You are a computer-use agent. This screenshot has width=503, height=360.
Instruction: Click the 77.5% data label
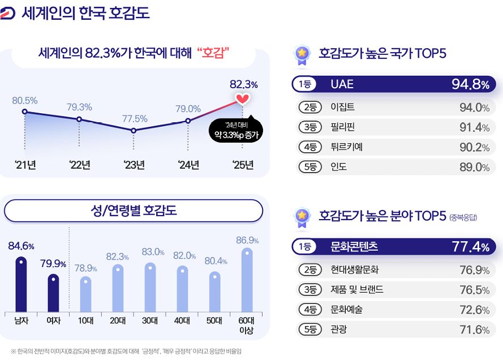point(135,119)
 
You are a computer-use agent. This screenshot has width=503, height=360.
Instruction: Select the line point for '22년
point(79,119)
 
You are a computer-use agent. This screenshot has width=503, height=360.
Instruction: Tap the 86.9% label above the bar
point(247,241)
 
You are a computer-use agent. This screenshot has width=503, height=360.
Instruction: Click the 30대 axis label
point(149,320)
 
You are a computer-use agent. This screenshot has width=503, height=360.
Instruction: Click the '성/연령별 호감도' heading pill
point(134,211)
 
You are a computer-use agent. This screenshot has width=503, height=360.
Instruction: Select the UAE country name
point(342,84)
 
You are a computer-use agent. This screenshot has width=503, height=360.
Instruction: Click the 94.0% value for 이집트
point(474,108)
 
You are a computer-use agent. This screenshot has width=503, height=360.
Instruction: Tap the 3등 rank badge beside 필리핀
point(310,127)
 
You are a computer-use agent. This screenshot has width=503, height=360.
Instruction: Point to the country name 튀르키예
point(346,147)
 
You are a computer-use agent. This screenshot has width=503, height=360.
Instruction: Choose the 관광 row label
point(338,329)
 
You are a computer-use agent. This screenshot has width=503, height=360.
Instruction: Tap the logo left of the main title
point(8,13)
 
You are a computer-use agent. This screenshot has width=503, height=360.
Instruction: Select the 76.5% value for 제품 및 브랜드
point(474,290)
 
